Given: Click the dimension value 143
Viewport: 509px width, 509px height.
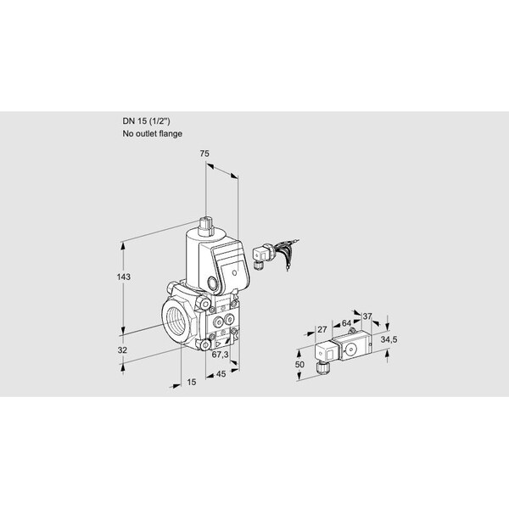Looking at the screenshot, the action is [124, 277].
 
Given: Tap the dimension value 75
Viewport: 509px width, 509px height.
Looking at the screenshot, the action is [204, 154].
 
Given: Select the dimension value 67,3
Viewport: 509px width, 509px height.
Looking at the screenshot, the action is [220, 355].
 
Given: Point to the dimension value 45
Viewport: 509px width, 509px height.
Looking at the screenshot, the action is [221, 374].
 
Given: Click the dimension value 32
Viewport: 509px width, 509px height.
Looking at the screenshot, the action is [122, 350].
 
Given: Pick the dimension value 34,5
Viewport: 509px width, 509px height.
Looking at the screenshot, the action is [389, 339].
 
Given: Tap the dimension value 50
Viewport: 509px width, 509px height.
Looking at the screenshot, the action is [299, 365].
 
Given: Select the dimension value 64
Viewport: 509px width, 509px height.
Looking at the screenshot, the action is [346, 323].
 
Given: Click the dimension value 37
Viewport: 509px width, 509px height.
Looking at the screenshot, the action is [367, 316].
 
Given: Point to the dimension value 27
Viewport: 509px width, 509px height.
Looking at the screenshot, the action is [322, 330].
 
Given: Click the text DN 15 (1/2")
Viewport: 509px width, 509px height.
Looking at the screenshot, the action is [146, 121].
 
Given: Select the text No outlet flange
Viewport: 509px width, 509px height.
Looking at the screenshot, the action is [152, 133].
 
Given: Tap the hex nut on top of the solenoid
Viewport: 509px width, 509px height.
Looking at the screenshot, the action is [205, 225].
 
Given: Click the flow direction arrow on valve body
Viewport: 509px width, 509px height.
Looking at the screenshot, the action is [218, 344].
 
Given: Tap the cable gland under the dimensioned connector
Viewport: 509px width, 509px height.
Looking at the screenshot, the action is [323, 368].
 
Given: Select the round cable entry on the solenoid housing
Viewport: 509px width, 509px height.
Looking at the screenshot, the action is [213, 284].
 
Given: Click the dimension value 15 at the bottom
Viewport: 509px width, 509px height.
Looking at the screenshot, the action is [192, 382].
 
